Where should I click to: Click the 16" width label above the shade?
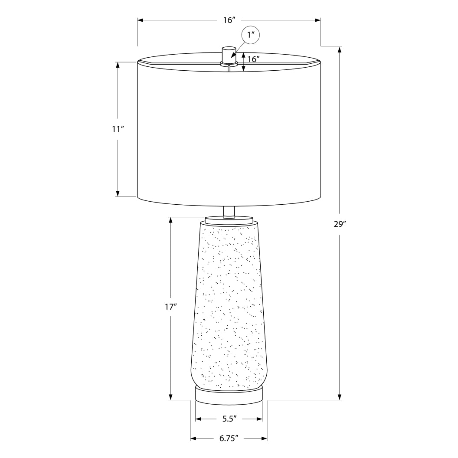coord(229,20)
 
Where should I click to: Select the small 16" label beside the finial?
coord(253,59)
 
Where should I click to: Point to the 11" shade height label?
coord(118,129)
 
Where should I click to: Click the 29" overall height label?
coord(340,224)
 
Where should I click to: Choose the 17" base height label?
coord(171,307)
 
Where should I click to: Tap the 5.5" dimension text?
coord(229,419)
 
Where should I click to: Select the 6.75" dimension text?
coord(229,438)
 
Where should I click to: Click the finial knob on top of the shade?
coord(228,54)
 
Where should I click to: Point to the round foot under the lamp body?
coord(229,396)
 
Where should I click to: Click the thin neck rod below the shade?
coord(229,211)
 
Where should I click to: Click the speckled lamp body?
coord(229,304)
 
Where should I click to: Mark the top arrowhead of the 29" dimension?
coord(340,49)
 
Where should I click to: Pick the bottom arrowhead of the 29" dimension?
coord(340,397)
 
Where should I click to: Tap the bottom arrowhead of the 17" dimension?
coord(171,397)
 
